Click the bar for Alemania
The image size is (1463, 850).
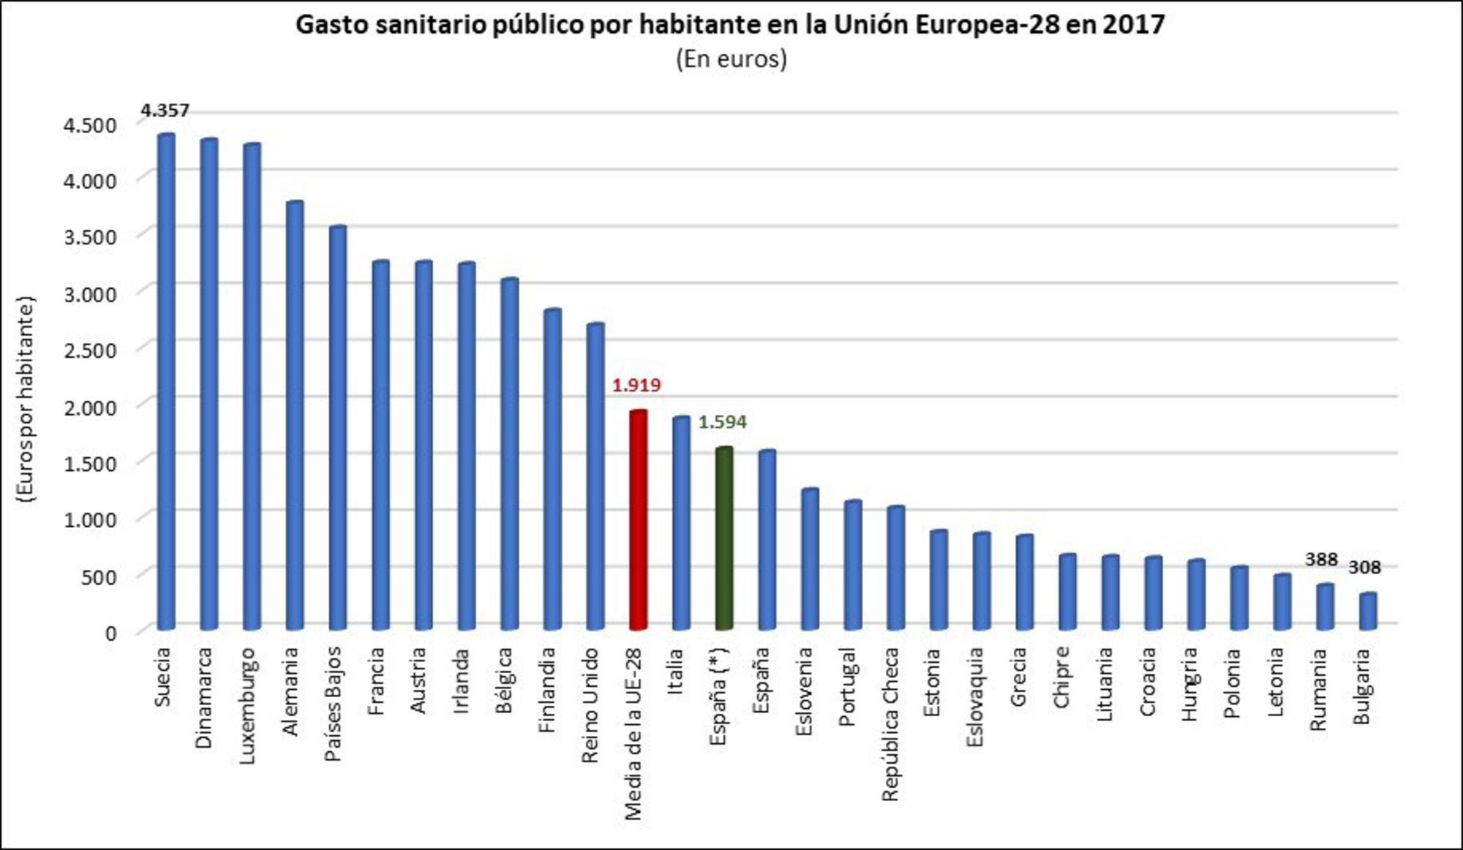(295, 415)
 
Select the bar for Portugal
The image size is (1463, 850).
(852, 565)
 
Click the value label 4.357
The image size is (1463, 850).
(165, 110)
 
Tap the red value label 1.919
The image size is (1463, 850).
(636, 385)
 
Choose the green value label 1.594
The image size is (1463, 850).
(722, 422)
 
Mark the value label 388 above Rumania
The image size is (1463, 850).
(1321, 560)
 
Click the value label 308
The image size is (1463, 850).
(1364, 567)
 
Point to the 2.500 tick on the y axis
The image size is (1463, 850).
(90, 350)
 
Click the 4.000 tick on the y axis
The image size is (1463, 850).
(90, 181)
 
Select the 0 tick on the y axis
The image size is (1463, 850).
(110, 633)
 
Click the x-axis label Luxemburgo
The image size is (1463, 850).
(247, 706)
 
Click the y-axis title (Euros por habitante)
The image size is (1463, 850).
(26, 399)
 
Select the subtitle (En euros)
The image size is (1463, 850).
(731, 59)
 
